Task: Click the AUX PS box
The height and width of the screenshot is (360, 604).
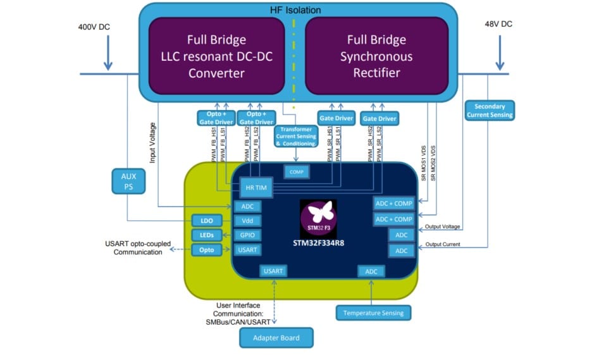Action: (128, 182)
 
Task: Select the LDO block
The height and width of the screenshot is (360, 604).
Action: (207, 221)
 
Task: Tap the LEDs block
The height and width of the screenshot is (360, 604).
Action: (207, 235)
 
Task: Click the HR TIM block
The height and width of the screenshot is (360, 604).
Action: (254, 188)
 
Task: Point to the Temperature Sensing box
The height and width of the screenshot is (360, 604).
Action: (373, 313)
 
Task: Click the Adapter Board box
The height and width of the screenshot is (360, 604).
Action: (278, 338)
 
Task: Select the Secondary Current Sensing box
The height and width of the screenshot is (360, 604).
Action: (490, 111)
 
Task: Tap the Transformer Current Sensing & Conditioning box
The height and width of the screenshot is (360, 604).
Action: (296, 135)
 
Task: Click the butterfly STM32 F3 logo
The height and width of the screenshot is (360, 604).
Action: (318, 216)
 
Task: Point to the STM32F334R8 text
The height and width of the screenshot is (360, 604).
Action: (319, 243)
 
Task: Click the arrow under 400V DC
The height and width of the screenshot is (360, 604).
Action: (108, 56)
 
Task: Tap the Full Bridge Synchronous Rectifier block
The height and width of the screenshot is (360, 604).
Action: (376, 56)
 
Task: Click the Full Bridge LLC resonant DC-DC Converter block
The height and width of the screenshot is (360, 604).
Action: (216, 56)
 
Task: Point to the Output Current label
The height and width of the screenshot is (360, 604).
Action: (443, 244)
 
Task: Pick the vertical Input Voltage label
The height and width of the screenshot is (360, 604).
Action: (152, 143)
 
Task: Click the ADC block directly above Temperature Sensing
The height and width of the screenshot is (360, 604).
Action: (371, 271)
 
